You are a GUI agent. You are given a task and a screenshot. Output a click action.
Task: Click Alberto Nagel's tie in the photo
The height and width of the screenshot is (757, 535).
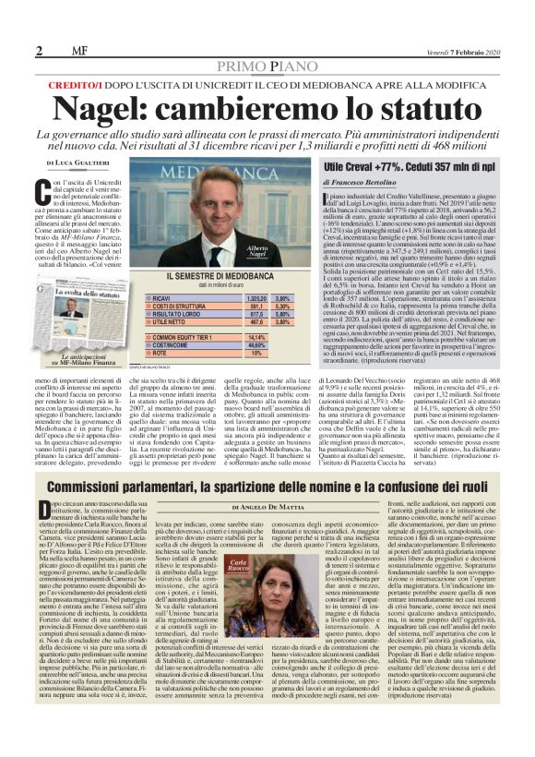click(x=218, y=250)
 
